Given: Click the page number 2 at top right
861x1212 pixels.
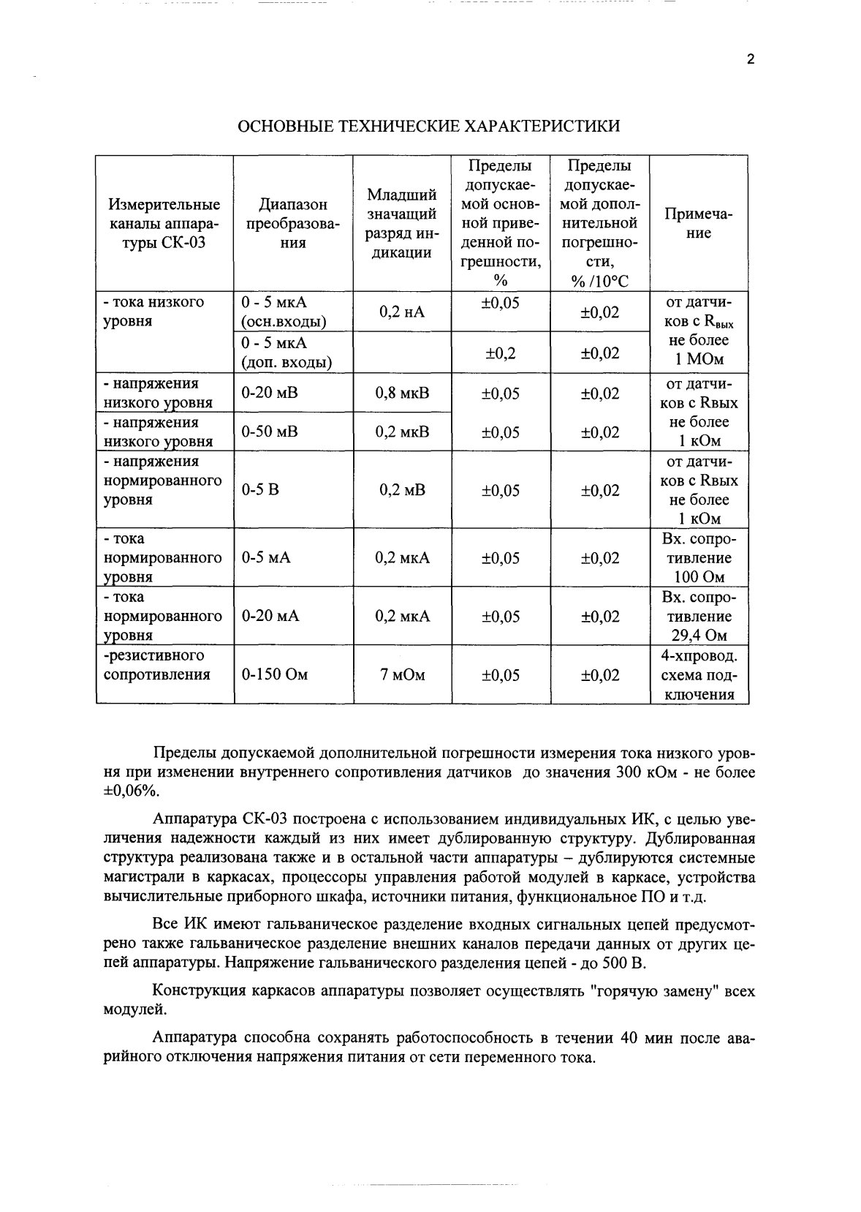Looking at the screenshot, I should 750,60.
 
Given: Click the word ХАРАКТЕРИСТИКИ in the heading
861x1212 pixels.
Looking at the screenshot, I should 550,126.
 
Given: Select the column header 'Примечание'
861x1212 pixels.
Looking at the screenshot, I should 698,223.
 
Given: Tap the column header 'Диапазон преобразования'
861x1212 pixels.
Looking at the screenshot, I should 292,223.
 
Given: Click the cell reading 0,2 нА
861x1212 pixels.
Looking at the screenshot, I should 401,312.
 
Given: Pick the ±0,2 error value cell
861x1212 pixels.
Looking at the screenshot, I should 500,353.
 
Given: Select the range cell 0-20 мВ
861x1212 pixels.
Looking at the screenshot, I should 270,393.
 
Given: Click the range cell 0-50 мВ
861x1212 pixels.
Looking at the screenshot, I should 270,432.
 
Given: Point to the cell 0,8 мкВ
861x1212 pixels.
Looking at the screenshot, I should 402,393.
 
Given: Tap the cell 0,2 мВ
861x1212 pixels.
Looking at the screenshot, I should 402,489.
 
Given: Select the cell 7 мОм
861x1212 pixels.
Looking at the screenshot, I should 402,674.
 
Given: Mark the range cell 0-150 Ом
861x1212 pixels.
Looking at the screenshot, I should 275,674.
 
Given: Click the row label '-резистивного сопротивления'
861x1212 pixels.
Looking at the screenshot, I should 156,664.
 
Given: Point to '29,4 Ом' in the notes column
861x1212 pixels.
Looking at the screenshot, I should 699,635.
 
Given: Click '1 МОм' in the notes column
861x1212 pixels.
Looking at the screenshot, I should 699,359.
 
